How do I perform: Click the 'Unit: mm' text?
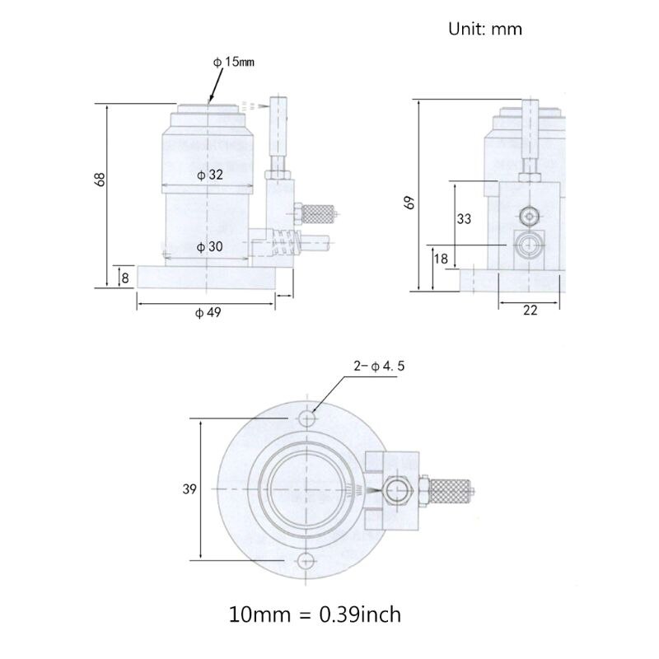[x=484, y=29]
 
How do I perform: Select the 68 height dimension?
[x=100, y=179]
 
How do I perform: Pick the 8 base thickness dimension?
[x=124, y=278]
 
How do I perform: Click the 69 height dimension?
[x=410, y=202]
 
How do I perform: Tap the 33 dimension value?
[x=464, y=219]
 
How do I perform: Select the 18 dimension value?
[x=441, y=259]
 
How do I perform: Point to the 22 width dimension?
[x=530, y=311]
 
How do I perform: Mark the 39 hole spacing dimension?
[x=189, y=489]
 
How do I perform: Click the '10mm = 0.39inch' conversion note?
[x=316, y=614]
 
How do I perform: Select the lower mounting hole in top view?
[x=306, y=560]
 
